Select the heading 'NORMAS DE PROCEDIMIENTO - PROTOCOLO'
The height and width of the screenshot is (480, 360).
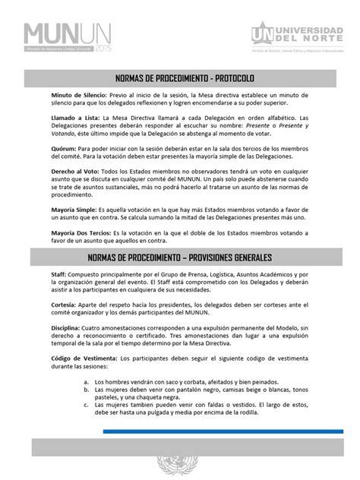pyautogui.click(x=180, y=79)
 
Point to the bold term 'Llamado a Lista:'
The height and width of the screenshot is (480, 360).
pyautogui.click(x=52, y=118)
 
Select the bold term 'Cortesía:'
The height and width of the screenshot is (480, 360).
pyautogui.click(x=43, y=305)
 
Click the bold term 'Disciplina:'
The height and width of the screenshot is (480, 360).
pyautogui.click(x=46, y=329)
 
